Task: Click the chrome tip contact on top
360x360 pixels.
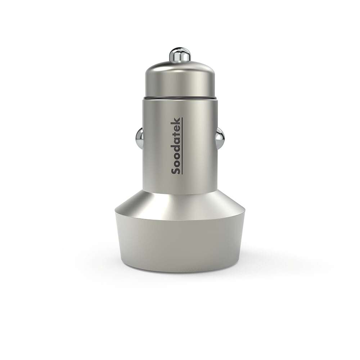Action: (180, 55)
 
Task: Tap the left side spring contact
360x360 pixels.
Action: (139, 138)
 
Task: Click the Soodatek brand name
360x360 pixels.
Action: (176, 146)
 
